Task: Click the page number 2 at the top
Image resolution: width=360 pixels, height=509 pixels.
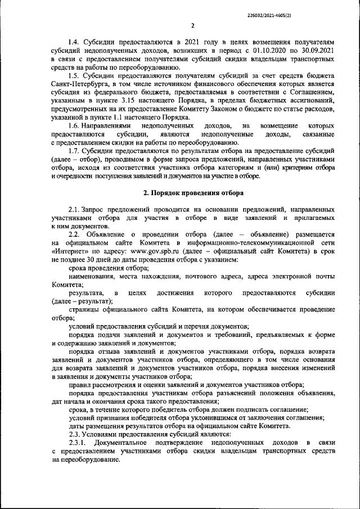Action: tap(192, 25)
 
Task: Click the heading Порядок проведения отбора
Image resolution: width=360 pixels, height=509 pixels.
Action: tap(197, 193)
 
